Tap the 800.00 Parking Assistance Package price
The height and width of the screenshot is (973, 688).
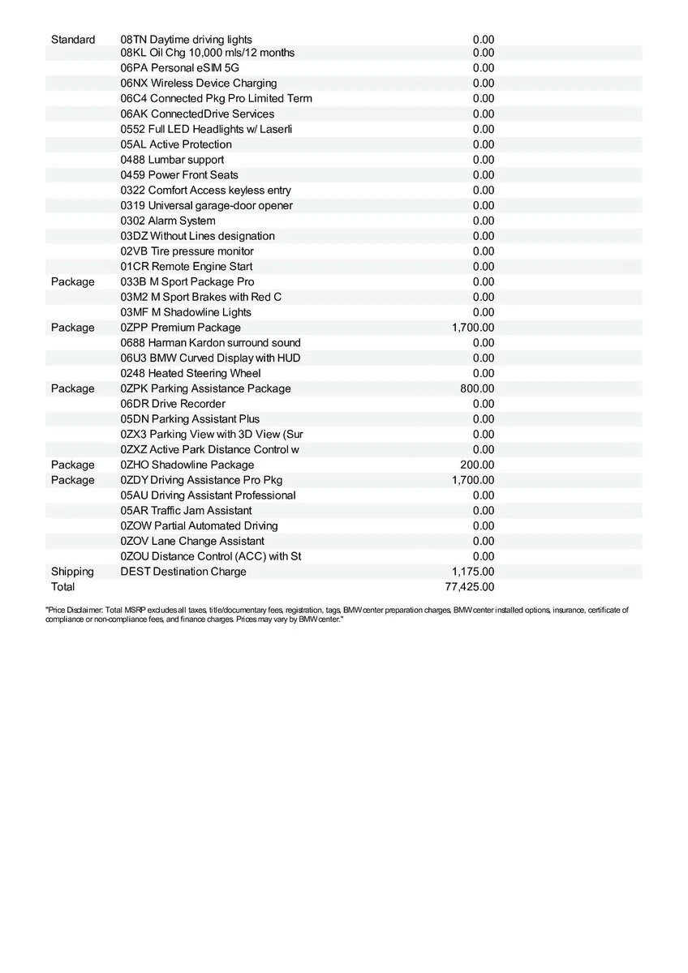coord(477,388)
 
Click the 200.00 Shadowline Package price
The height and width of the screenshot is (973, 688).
coord(477,465)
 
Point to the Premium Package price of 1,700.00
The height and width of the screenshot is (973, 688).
coord(473,328)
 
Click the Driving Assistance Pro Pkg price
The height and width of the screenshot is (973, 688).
coord(473,480)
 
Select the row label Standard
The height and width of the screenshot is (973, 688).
coord(73,40)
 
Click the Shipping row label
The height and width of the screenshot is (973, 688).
coord(72,572)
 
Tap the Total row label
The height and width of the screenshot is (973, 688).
coord(62,586)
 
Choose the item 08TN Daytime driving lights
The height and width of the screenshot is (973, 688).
coord(186,40)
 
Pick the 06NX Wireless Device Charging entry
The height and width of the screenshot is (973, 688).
coord(198,84)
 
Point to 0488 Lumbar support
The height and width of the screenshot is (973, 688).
coord(172,160)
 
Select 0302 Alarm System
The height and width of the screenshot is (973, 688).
coord(168,221)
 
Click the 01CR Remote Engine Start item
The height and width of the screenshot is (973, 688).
coord(186,267)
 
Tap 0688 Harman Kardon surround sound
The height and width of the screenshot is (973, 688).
coord(210,343)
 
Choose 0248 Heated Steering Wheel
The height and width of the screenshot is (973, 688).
coord(191,374)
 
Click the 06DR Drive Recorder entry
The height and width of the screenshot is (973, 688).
coord(173,404)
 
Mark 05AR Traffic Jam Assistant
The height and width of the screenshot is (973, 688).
coord(186,511)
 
